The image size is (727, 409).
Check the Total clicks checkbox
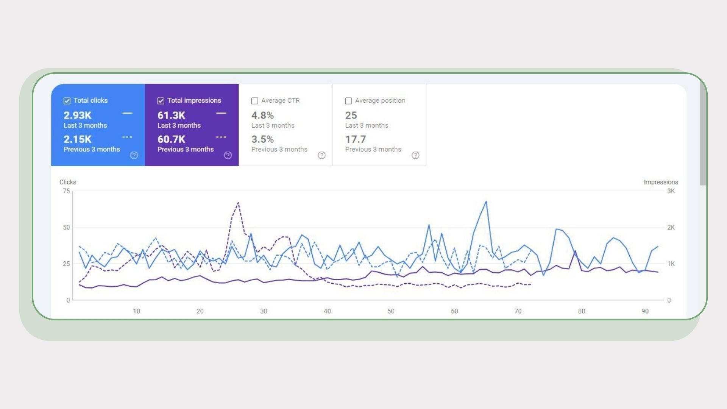67,101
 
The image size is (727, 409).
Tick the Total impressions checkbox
161,101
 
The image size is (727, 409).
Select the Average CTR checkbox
255,101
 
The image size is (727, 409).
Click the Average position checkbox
348,101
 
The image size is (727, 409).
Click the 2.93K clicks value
78,115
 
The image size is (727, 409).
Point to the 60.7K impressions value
171,139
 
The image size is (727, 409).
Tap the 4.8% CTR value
262,115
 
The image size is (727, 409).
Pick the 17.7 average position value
355,139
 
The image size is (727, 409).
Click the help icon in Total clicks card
134,155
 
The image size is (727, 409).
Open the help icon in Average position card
415,155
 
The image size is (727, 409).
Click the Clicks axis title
68,182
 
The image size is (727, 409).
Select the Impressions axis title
661,182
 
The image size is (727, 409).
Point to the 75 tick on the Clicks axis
66,191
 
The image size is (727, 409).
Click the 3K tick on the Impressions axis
671,191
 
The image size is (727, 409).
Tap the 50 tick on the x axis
391,311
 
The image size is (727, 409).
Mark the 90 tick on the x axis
645,311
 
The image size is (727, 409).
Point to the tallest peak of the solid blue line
486,201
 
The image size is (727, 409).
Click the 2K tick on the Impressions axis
671,228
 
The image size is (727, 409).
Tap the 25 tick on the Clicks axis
66,264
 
